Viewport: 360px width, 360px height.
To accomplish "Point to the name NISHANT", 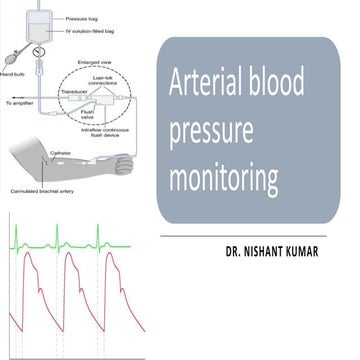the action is [x=283, y=253].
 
